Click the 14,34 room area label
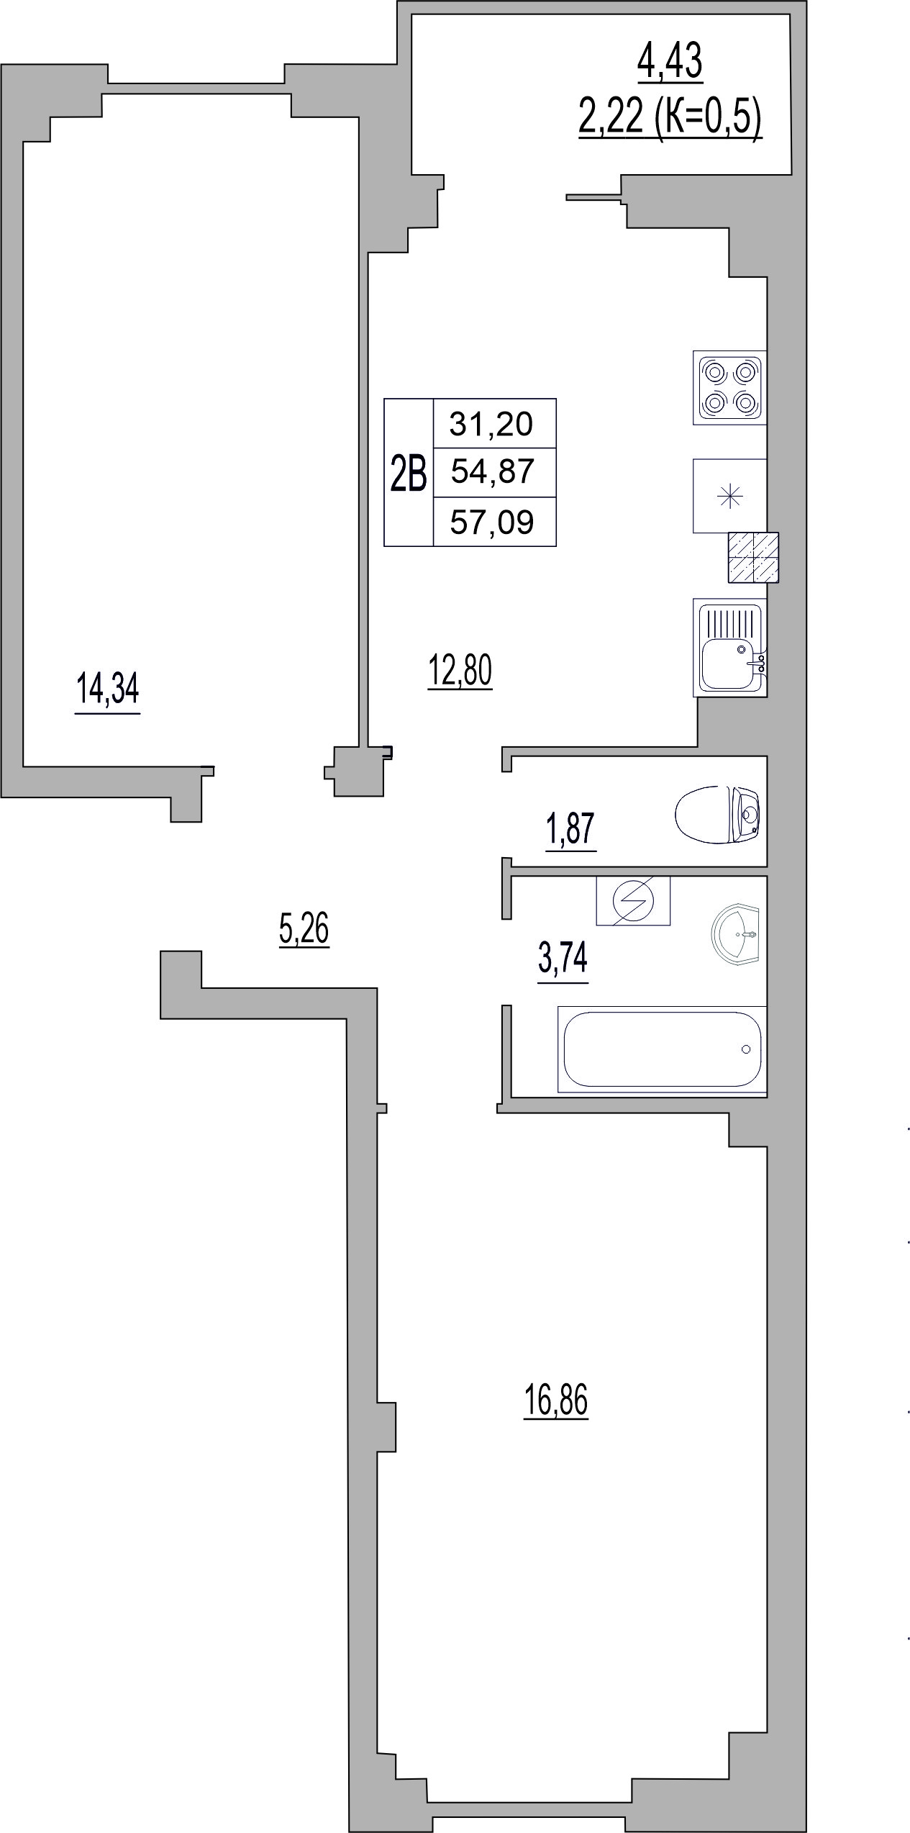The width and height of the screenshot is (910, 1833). [x=107, y=691]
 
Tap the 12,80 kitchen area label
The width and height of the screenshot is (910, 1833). [x=460, y=671]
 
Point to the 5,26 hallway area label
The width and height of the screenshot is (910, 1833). [x=304, y=929]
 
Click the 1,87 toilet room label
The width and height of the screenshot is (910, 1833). [x=571, y=830]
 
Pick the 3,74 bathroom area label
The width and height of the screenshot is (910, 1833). [x=563, y=959]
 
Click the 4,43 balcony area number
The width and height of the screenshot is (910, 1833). [x=670, y=62]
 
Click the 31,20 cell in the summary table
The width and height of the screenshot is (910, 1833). [x=492, y=424]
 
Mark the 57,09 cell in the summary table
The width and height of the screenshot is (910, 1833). [x=492, y=521]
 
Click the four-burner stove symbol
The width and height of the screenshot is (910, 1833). [x=729, y=387]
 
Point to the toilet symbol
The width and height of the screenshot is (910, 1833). [x=719, y=814]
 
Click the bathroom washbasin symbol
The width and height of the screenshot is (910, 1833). [x=736, y=934]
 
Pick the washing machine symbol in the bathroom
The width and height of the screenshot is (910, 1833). [x=633, y=900]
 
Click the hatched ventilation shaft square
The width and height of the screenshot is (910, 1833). [x=753, y=557]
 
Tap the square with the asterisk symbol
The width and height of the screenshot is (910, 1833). [x=729, y=496]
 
